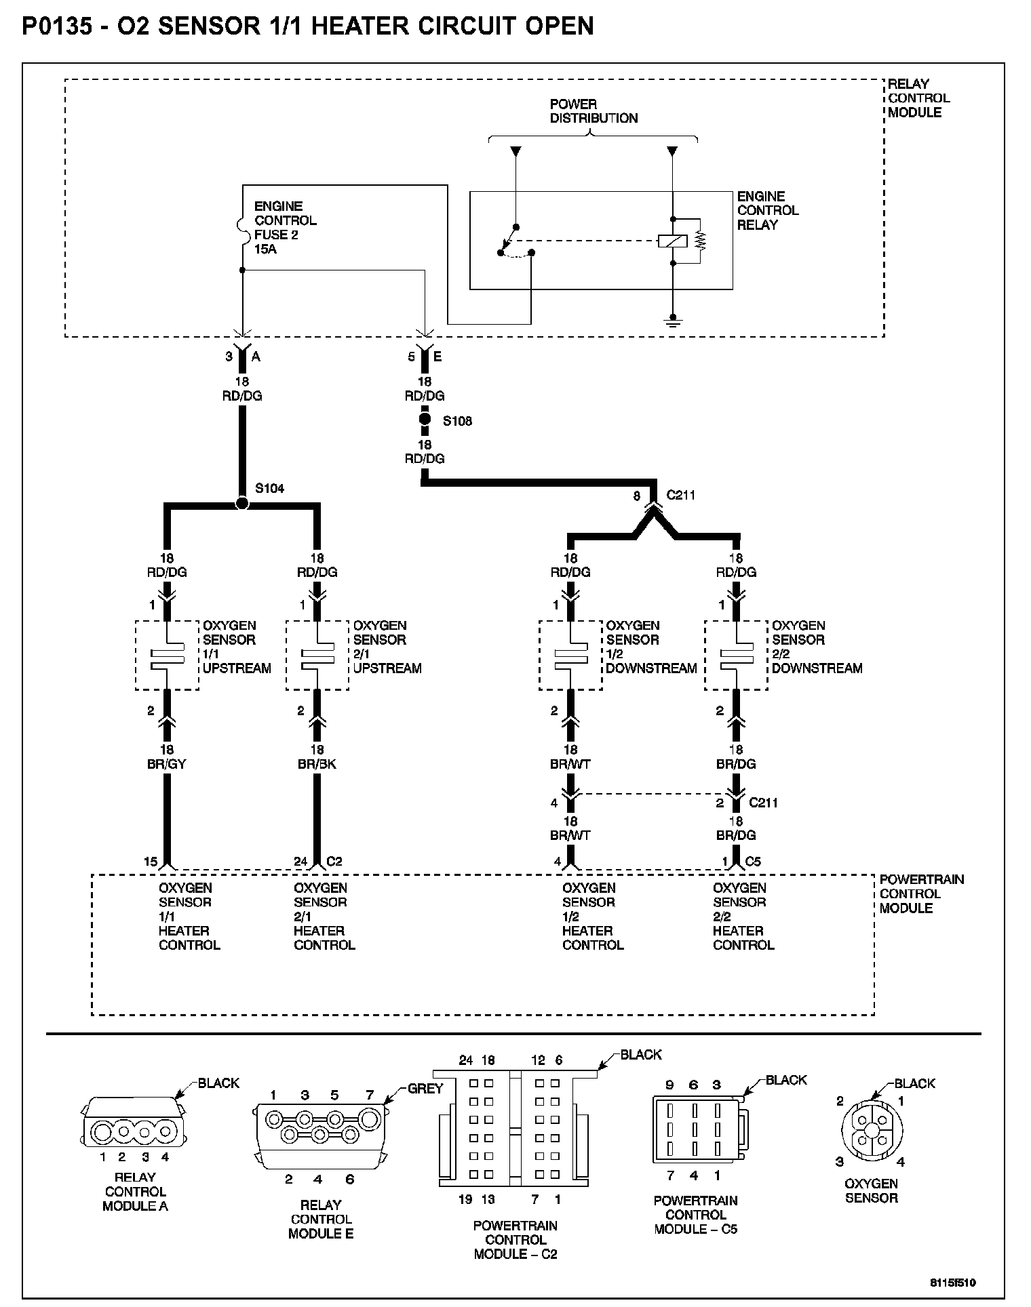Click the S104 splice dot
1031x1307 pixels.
coord(241,504)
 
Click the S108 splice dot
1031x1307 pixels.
coord(425,420)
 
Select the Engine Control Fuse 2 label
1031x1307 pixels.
coord(285,227)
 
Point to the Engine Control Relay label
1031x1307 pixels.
coord(767,210)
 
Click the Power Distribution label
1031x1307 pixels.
coord(594,111)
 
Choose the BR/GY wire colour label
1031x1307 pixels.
coord(166,764)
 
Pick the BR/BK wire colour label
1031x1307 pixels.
coord(317,764)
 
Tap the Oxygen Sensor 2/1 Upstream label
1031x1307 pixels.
coord(387,647)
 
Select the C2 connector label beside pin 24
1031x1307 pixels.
coord(334,862)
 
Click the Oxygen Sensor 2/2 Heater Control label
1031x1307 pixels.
coord(743,916)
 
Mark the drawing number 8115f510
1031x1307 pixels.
coord(952,1283)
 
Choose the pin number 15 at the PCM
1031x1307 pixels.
coord(151,862)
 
